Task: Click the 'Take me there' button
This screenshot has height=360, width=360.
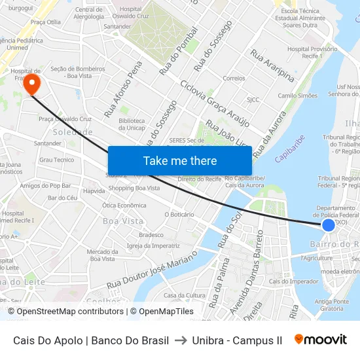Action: (180, 161)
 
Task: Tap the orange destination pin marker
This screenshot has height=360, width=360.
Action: (31, 84)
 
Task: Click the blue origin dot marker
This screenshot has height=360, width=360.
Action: (329, 225)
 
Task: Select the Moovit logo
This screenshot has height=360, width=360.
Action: (321, 340)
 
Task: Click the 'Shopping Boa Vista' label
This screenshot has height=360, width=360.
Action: (134, 189)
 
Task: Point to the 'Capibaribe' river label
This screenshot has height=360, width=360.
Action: (290, 149)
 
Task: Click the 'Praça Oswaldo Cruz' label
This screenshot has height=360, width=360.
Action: (65, 119)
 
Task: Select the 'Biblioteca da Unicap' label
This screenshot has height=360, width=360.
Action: (132, 124)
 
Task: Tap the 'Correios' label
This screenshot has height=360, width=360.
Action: (234, 78)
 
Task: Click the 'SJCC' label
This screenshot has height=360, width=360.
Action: (253, 100)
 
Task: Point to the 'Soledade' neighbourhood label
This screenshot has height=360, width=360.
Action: (73, 132)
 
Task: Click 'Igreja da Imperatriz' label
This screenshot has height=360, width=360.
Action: (153, 245)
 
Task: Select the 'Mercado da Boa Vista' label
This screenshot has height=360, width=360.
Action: (102, 255)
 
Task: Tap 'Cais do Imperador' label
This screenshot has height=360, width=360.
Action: (284, 281)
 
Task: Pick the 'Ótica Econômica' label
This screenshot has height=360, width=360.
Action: (124, 205)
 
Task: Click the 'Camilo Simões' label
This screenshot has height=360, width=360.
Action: (298, 96)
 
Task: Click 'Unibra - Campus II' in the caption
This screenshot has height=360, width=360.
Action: (237, 340)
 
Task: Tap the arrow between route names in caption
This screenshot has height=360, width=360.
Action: (181, 340)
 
